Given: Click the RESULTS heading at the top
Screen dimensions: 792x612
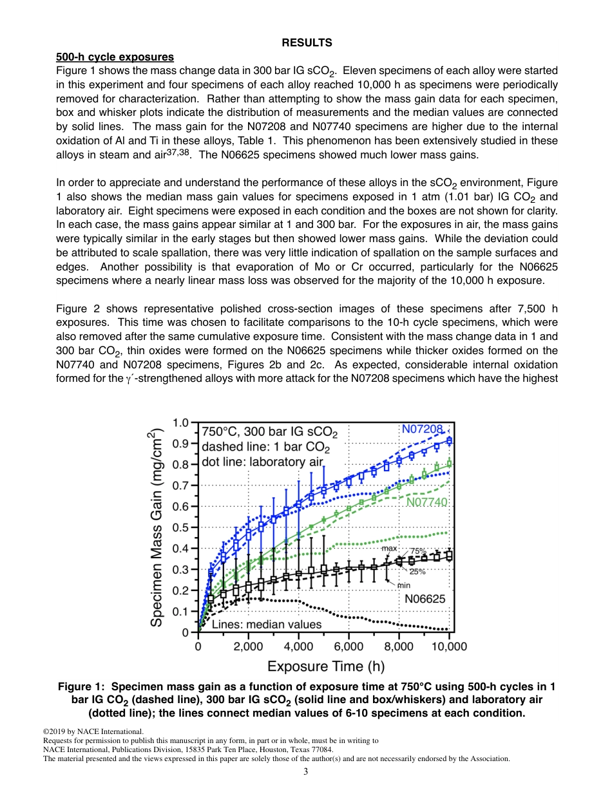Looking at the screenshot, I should coord(307,43).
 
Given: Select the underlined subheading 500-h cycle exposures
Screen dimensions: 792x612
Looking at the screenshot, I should coord(115,57).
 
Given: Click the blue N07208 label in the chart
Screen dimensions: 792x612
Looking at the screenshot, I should coord(423,429).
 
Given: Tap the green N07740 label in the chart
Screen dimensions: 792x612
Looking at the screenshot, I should coord(426,502).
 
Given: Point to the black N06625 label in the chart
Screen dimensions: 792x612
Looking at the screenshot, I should coord(425,599).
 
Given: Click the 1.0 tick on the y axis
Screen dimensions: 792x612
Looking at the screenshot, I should coord(181,423).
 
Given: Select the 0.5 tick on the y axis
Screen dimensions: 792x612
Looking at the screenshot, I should coord(181,527).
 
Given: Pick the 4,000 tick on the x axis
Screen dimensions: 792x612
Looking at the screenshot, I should coord(298,646).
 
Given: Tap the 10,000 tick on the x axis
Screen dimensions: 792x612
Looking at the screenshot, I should coord(448,646).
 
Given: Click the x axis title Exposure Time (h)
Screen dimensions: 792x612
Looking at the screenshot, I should coord(326,666).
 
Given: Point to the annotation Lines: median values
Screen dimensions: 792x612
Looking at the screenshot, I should coord(266,624).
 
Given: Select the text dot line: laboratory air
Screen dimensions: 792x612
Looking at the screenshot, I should coord(262,462).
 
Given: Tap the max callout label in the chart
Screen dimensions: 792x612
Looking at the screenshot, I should coord(389,549).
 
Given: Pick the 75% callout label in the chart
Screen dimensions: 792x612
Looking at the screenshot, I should coord(418,551).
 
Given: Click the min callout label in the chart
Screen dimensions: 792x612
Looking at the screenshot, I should coord(403,585).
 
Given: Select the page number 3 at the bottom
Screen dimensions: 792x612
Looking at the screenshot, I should coord(306,772).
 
